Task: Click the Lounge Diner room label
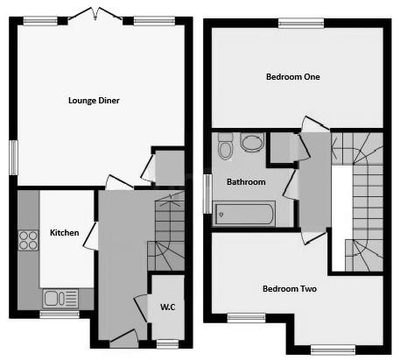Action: pos(94,101)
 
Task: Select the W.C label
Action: pos(167,307)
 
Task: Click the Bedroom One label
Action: pos(293,77)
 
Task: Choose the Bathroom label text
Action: pos(246,183)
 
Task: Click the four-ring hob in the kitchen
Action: pos(27,240)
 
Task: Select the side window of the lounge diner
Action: pos(13,159)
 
